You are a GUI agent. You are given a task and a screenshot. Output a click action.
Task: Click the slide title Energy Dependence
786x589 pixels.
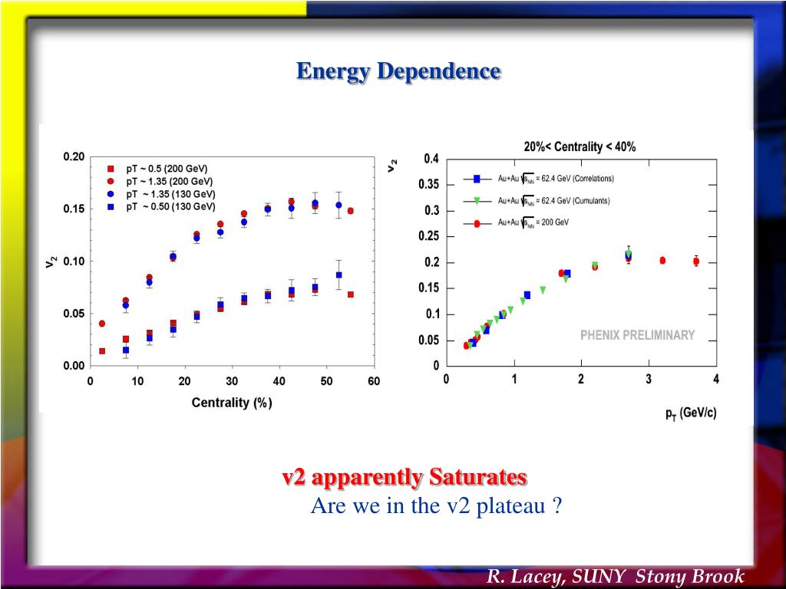click(x=398, y=71)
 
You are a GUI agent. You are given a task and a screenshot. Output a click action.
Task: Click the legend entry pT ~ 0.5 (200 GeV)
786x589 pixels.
click(x=167, y=169)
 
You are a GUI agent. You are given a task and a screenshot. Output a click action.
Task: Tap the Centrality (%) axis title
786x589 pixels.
click(x=232, y=403)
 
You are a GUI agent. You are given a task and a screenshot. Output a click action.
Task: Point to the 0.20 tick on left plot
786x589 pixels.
click(x=74, y=156)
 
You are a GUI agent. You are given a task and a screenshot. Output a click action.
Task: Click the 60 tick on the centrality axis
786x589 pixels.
click(x=374, y=381)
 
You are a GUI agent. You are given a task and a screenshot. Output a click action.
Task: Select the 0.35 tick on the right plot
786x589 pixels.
click(x=429, y=185)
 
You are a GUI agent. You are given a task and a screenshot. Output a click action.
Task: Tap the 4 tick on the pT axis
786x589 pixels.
click(x=716, y=380)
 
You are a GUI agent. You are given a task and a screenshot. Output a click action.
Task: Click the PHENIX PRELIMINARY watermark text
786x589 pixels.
click(x=637, y=335)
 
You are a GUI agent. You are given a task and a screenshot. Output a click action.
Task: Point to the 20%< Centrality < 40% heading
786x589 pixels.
click(x=580, y=146)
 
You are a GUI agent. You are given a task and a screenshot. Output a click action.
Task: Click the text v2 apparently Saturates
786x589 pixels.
click(x=405, y=478)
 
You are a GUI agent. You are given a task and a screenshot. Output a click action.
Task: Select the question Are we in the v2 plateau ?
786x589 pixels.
click(x=437, y=506)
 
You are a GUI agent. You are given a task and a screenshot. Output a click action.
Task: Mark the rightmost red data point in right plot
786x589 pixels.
click(x=696, y=262)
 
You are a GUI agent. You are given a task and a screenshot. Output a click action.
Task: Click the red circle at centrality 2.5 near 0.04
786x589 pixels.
click(x=102, y=324)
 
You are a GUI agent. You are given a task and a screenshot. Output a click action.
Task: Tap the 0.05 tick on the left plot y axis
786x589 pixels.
click(x=74, y=314)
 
